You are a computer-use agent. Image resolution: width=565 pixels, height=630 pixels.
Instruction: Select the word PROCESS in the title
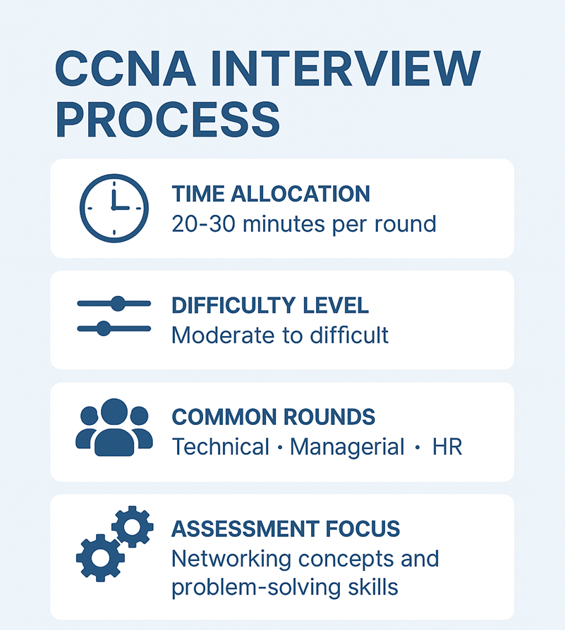(167, 120)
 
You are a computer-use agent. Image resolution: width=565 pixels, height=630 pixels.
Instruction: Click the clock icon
(114, 208)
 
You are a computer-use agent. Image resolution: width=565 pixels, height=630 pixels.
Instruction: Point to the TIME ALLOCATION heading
(271, 194)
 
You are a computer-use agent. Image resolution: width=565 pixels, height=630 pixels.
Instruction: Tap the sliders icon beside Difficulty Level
(114, 316)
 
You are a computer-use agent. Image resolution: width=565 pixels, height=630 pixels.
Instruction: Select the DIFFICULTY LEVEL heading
(270, 305)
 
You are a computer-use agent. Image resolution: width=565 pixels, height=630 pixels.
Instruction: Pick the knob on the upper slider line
(118, 304)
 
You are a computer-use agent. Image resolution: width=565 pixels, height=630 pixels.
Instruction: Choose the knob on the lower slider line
(104, 328)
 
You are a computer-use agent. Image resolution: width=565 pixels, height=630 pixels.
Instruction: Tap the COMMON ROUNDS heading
(273, 416)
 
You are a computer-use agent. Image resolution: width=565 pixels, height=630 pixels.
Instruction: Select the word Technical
(221, 447)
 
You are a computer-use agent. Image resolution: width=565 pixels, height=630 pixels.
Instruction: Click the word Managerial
(347, 447)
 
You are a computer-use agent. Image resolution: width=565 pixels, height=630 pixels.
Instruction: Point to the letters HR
(447, 447)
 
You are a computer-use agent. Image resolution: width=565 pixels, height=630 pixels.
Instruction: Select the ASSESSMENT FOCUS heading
(286, 529)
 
